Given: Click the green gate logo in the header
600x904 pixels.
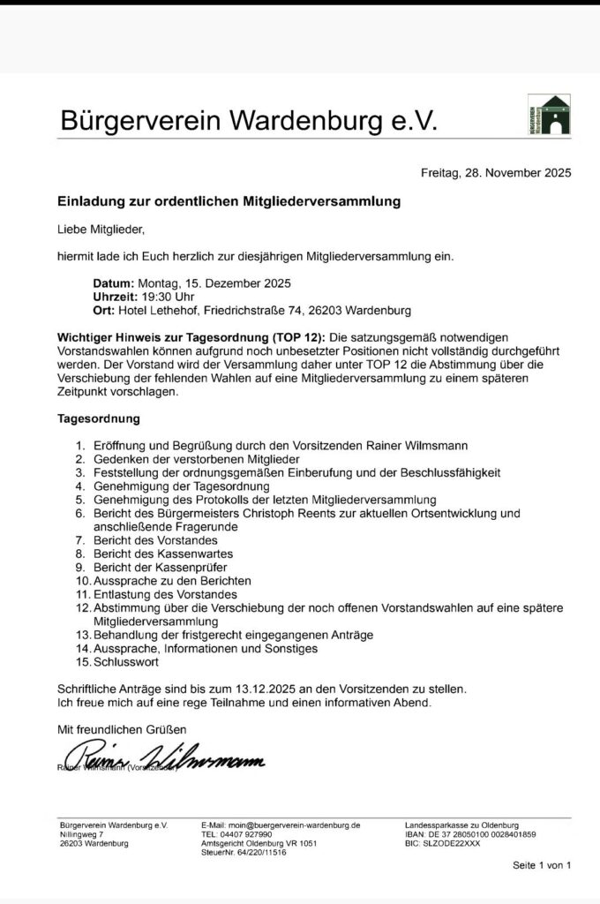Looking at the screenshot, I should pos(549,115).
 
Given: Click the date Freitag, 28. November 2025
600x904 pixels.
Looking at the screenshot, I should pos(496,173).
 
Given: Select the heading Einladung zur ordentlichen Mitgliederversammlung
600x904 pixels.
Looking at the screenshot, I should pos(229,201).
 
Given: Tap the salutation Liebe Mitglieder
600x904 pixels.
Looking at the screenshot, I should pos(100,230).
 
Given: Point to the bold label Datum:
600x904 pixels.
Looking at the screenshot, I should pos(112,283).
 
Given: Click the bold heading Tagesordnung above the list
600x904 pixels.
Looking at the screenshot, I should pos(99,418).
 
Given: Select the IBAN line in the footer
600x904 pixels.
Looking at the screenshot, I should pos(470,834).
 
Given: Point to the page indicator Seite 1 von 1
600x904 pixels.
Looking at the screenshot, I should pos(542,865).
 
